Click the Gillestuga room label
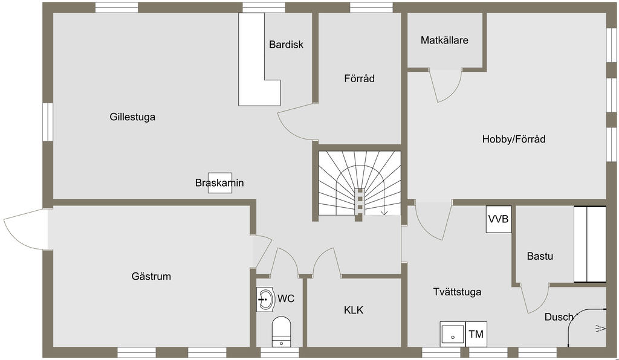coord(132,117)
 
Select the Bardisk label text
coord(287,45)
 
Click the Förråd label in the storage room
coord(360,79)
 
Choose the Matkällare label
coord(445,40)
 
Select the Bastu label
coord(540,256)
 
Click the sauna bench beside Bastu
coord(589,244)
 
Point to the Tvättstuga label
coord(457,292)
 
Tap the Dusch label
coord(559,317)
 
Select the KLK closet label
coord(354,310)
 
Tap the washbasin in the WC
coord(265,298)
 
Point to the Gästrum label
coord(151,277)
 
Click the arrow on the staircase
coord(384,210)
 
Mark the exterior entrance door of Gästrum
coord(24,227)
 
